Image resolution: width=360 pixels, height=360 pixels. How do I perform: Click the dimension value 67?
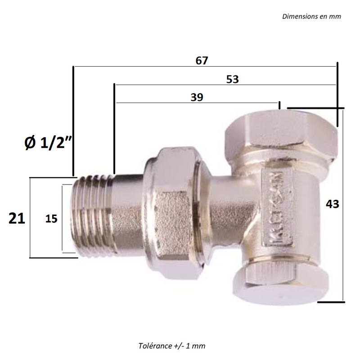tap(202, 61)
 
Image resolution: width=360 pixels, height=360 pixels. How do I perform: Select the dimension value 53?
tap(232, 79)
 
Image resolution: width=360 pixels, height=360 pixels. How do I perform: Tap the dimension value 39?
tap(197, 97)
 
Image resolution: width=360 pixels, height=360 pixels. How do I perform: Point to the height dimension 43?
tap(332, 204)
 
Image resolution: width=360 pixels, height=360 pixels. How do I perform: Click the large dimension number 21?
tap(17, 218)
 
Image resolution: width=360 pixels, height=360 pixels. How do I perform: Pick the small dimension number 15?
tap(51, 219)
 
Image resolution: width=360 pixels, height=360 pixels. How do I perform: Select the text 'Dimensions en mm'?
tap(311, 17)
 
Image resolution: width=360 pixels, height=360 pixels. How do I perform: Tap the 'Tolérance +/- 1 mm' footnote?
tap(172, 346)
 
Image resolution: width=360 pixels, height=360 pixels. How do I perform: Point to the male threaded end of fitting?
tap(92, 216)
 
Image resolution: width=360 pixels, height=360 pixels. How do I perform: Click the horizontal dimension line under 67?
tap(205, 67)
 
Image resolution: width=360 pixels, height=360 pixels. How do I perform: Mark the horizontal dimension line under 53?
tap(225, 85)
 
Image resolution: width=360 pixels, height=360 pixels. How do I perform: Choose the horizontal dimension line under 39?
tap(198, 103)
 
